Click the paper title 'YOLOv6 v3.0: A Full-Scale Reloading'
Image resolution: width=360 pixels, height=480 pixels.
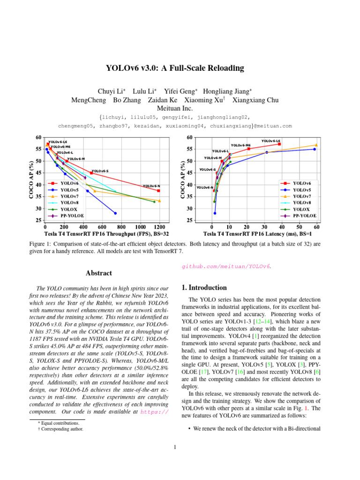(x=175, y=68)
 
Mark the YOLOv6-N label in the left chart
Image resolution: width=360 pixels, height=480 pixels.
(x=151, y=186)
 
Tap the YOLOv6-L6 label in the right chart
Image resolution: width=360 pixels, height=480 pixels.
(x=270, y=141)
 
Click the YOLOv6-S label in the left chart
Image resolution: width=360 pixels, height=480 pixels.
(x=100, y=172)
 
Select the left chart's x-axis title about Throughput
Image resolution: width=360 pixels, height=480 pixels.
(x=106, y=233)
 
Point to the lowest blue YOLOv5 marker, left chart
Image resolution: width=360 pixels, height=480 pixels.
(x=115, y=213)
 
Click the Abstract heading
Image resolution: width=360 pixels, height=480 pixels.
(x=99, y=273)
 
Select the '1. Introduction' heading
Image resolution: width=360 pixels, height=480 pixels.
(x=204, y=287)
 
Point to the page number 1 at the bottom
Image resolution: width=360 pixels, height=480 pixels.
(x=175, y=446)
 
